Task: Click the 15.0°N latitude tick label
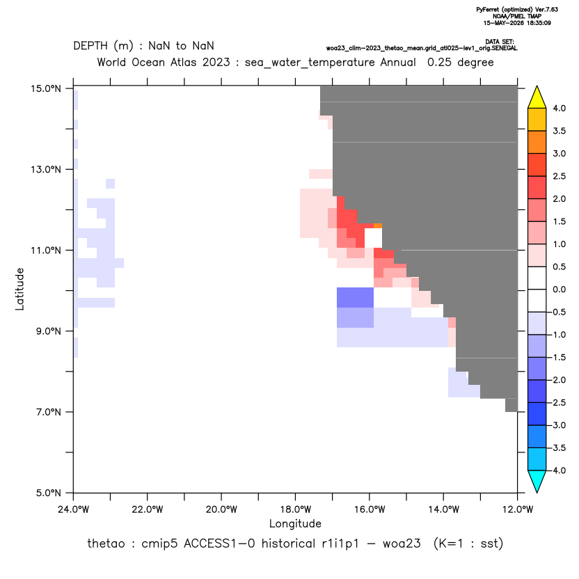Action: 46,89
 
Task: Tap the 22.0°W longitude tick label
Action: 148,509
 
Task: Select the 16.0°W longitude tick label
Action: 370,509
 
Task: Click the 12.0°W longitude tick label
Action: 518,509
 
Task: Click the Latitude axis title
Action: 19,289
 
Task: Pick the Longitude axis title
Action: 295,523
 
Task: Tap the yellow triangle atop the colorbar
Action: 537,97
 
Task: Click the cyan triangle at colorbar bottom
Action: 537,482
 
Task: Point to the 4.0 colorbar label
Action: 559,108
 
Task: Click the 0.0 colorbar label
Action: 559,289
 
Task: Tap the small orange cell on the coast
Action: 378,225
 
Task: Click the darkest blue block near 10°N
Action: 355,298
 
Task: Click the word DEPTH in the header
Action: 90,46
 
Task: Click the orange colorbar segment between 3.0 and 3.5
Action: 537,142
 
